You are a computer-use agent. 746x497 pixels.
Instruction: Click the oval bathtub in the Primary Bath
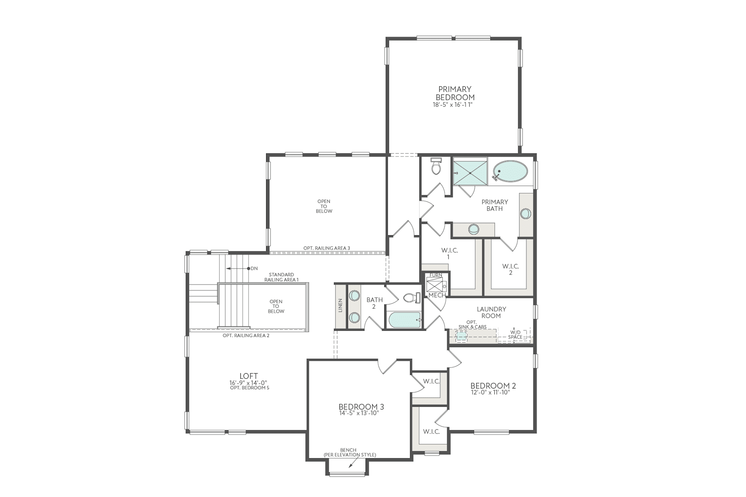click(511, 171)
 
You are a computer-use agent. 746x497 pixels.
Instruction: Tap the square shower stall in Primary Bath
click(470, 172)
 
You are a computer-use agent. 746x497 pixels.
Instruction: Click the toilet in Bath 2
click(410, 297)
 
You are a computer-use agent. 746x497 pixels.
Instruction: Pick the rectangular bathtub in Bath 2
click(404, 320)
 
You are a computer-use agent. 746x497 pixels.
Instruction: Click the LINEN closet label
click(340, 305)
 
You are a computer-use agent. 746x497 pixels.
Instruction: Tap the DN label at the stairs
click(254, 268)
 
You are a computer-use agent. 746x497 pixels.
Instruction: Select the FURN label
click(436, 275)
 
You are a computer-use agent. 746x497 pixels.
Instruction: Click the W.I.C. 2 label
click(511, 270)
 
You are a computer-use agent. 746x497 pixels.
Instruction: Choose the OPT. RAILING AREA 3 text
click(327, 248)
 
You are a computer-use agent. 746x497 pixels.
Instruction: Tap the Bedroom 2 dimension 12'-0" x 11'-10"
click(490, 392)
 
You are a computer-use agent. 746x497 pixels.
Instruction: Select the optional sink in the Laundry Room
click(461, 336)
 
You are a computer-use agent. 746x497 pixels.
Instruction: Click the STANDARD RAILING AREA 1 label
click(281, 277)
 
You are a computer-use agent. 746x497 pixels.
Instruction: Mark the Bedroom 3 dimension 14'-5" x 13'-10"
click(358, 413)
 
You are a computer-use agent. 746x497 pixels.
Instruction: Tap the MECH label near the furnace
click(437, 295)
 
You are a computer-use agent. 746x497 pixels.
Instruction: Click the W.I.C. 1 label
click(448, 254)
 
